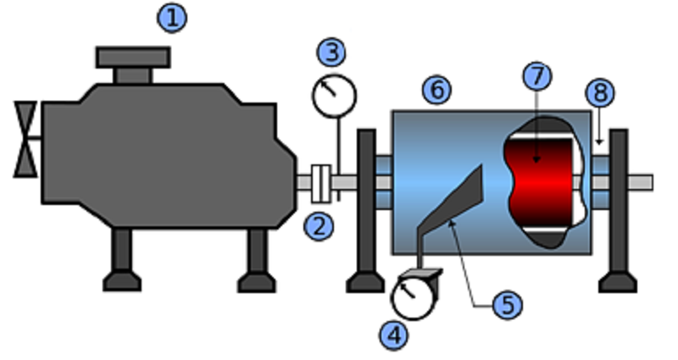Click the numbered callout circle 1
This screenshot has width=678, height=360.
172,18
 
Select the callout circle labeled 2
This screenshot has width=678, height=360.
320,226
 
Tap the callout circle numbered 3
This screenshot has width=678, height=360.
331,52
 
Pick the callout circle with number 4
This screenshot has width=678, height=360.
394,335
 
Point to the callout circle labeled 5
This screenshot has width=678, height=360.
508,305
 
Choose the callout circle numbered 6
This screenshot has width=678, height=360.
436,90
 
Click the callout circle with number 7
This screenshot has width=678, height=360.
537,76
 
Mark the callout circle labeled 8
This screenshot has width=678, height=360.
601,92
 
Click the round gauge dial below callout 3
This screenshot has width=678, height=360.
334,96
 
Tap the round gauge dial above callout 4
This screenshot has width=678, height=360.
413,298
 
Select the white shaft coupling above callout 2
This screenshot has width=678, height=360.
321,183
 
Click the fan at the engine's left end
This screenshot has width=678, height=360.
25,139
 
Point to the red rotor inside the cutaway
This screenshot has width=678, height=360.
540,182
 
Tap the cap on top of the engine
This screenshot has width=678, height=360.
133,65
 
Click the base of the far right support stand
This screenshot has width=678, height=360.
618,282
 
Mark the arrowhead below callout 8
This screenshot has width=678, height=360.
599,141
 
